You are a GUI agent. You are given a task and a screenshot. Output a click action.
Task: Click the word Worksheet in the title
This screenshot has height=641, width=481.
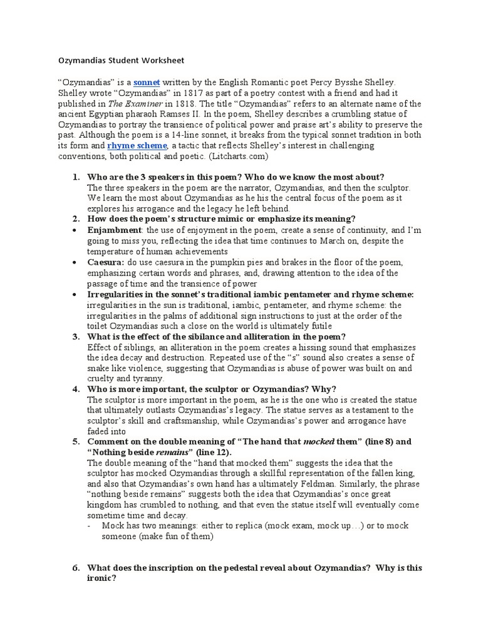tap(160, 60)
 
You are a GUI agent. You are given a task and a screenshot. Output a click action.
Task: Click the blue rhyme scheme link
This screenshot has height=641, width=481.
tap(137, 145)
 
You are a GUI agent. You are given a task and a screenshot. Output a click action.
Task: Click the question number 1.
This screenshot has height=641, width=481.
tap(75, 177)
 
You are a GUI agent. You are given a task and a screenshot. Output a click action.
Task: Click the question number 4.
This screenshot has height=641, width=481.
tap(75, 389)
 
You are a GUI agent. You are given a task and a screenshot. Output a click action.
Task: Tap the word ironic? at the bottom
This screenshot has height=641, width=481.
tap(101, 578)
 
